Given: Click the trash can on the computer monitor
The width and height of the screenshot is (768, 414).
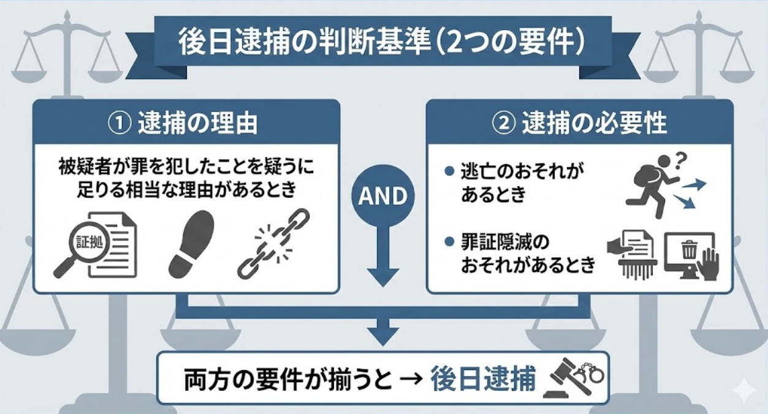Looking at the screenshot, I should coord(690,249).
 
